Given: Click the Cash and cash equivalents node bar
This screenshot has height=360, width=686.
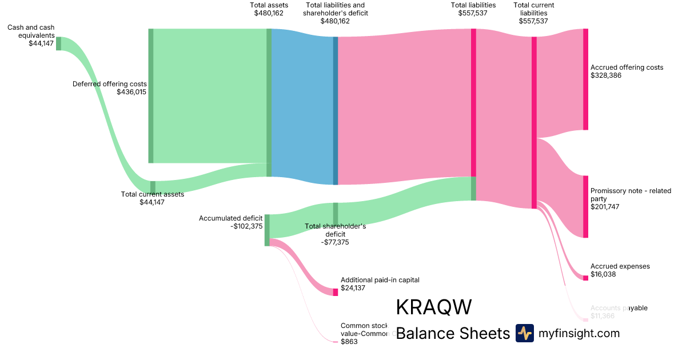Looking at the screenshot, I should pyautogui.click(x=58, y=43).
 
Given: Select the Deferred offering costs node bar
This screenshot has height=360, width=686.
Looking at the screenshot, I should pyautogui.click(x=151, y=96).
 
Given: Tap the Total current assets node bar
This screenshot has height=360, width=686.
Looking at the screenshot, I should pyautogui.click(x=153, y=187).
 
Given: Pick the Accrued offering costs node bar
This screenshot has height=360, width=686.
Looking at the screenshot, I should pyautogui.click(x=585, y=79).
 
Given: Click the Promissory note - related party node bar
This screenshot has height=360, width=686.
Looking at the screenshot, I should pyautogui.click(x=585, y=207).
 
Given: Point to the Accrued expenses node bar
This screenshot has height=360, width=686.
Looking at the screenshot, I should pyautogui.click(x=585, y=278).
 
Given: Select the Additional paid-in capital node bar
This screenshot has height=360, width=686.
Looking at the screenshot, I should pyautogui.click(x=336, y=292).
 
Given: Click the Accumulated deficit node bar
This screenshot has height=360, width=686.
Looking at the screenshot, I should pyautogui.click(x=267, y=230).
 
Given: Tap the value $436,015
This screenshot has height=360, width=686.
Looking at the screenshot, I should pyautogui.click(x=131, y=92).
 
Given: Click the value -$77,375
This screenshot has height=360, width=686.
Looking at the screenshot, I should pyautogui.click(x=335, y=242).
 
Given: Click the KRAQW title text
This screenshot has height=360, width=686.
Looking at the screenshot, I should pyautogui.click(x=433, y=307).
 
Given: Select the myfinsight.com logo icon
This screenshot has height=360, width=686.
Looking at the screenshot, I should pyautogui.click(x=524, y=333).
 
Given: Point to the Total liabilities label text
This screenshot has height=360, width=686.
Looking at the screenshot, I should pyautogui.click(x=473, y=5).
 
